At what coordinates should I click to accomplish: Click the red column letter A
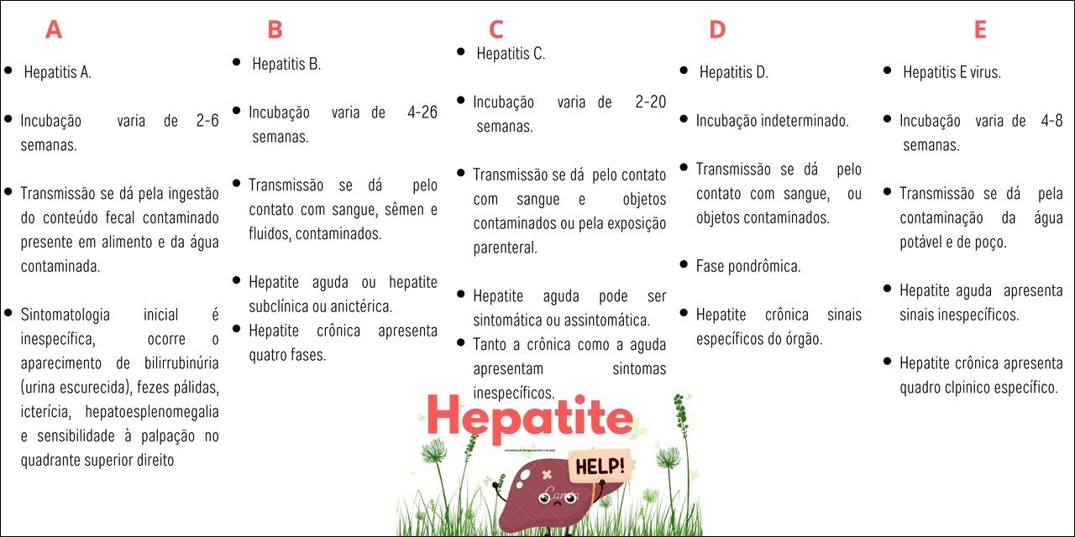[x=53, y=30]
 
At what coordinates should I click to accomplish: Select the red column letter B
[x=275, y=30]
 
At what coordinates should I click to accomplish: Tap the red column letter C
[x=496, y=30]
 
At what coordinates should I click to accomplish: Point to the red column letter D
[x=716, y=30]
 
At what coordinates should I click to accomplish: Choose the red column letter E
[x=979, y=30]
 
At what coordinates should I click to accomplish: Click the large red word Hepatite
[x=529, y=417]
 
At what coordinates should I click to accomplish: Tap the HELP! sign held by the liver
[x=599, y=467]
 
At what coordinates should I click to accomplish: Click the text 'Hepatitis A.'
[x=57, y=72]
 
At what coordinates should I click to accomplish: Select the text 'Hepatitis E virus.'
[x=952, y=73]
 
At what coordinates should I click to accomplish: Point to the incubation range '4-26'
[x=422, y=112]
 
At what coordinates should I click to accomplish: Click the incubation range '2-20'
[x=650, y=102]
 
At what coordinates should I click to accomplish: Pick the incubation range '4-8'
[x=1049, y=121]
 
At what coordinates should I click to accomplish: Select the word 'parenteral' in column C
[x=505, y=248]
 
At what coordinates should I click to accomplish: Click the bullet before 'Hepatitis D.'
[x=684, y=70]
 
